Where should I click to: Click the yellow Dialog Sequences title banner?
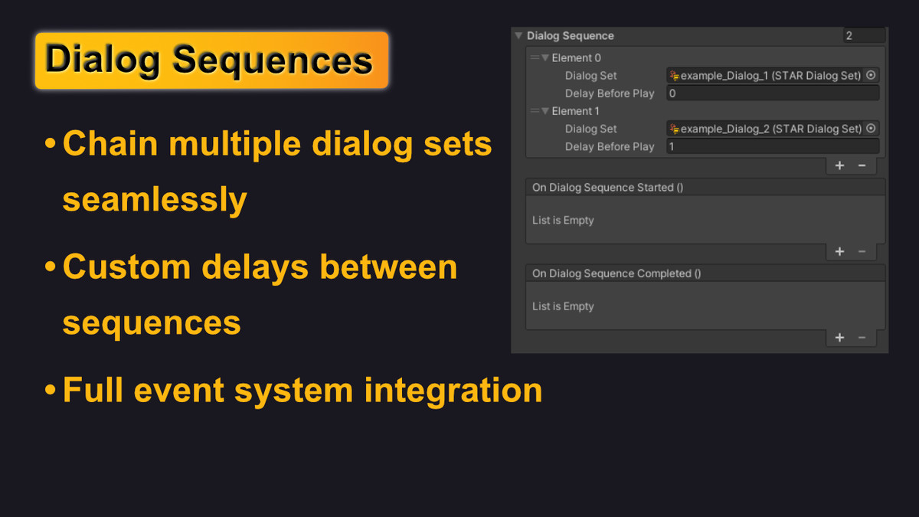tap(211, 61)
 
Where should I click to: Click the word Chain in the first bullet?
tap(110, 144)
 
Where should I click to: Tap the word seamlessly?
tap(155, 200)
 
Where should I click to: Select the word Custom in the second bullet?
tap(127, 267)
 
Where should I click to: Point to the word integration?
tap(453, 390)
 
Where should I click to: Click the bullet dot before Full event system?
tap(50, 389)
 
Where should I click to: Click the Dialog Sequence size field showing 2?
tap(864, 36)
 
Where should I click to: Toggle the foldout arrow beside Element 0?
tap(545, 58)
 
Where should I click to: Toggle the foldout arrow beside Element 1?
tap(545, 111)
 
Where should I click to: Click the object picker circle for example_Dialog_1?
tap(871, 75)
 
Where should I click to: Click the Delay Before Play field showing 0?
tap(773, 93)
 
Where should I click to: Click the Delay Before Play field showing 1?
tap(773, 146)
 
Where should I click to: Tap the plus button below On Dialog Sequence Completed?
tap(840, 338)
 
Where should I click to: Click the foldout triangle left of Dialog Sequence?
tap(518, 36)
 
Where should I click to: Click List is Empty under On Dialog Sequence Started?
tap(563, 221)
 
